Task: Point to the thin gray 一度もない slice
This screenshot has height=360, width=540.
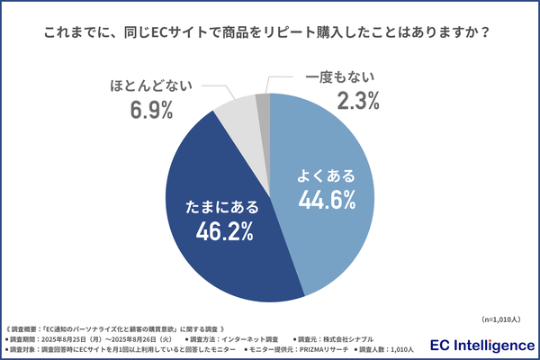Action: pos(263,103)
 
